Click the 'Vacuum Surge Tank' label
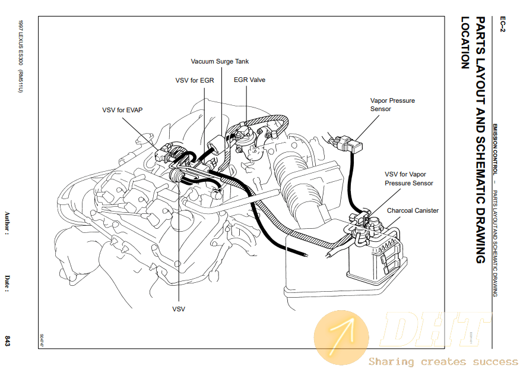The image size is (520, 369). (220, 61)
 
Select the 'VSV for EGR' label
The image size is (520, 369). (194, 80)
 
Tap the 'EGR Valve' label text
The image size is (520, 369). (249, 80)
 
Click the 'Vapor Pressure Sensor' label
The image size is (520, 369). (392, 105)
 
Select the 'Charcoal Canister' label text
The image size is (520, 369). (413, 210)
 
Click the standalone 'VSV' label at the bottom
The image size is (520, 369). (179, 309)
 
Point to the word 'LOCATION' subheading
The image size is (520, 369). (465, 42)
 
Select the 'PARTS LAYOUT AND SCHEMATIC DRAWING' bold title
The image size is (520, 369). (481, 140)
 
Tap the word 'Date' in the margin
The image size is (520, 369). (7, 283)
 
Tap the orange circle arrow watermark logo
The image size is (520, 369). (342, 338)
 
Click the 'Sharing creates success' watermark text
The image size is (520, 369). (443, 361)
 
